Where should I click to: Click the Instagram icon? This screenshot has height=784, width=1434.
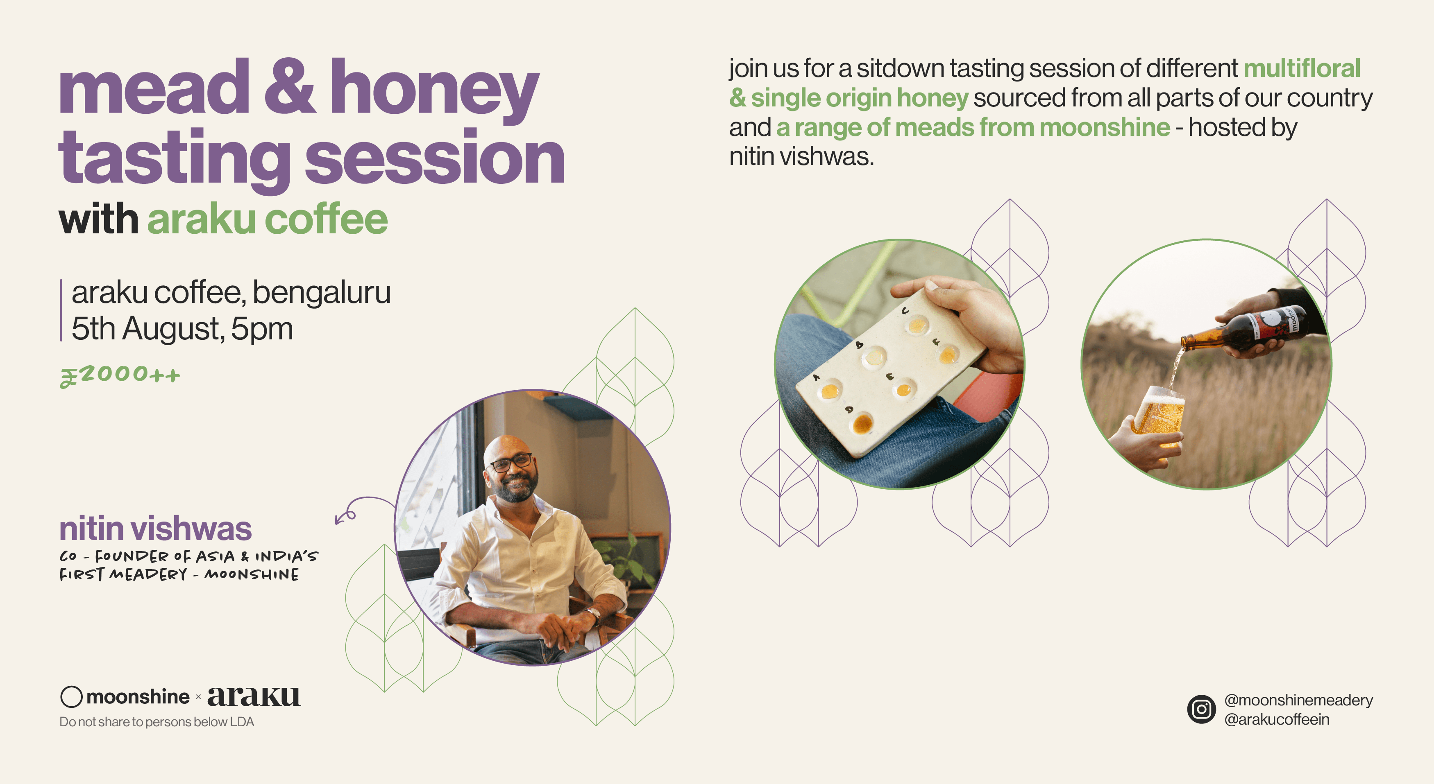1201,709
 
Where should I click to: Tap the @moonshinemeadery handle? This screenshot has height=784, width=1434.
1298,700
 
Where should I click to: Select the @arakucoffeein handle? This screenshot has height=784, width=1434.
1276,719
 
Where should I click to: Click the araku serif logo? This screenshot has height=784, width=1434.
254,696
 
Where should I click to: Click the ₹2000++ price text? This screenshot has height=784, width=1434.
120,375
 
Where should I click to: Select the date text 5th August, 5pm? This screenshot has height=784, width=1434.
182,329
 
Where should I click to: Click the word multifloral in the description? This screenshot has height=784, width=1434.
1302,68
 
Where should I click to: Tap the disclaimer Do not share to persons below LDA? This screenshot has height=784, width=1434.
157,722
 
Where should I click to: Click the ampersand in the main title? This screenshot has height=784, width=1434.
290,88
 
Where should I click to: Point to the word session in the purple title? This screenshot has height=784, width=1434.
434,158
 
